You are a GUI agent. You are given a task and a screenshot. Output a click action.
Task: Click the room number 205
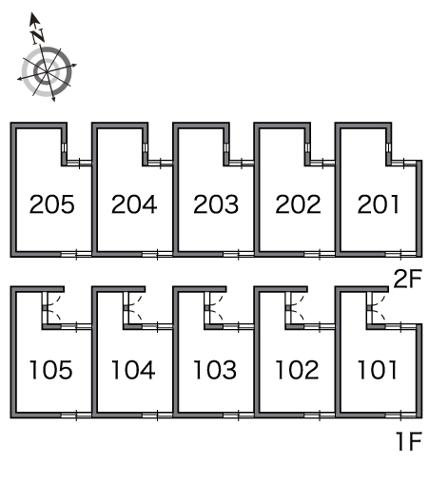51,204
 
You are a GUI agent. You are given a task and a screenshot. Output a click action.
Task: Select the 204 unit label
134,204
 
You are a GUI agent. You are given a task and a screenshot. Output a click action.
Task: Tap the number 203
216,204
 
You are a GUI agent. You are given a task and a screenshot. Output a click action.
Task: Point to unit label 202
298,204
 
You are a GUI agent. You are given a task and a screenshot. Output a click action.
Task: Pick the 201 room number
379,204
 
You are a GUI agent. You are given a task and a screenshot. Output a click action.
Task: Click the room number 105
51,370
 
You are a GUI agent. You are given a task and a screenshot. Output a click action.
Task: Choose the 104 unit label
133,370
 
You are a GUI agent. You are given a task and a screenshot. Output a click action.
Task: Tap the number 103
215,370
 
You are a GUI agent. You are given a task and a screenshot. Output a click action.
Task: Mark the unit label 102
297,370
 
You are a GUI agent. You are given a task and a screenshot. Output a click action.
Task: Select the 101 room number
377,370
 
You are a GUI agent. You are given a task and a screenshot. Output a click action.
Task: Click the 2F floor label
407,279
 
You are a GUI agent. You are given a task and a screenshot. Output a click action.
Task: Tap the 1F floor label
409,441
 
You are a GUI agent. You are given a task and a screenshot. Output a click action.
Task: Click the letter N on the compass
38,36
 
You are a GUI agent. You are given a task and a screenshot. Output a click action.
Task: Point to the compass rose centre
47,72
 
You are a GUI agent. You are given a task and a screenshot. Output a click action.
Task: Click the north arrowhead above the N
33,19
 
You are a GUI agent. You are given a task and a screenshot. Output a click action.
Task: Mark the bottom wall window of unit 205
76,255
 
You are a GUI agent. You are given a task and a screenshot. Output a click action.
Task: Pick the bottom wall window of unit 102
320,416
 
